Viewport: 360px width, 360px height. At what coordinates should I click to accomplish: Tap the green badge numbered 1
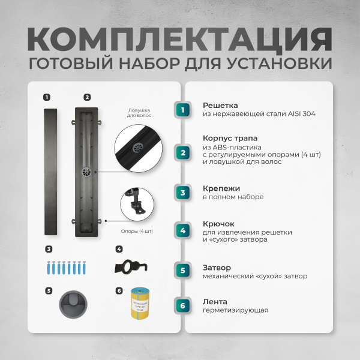pyautogui.click(x=183, y=110)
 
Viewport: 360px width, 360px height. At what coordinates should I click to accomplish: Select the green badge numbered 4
pyautogui.click(x=183, y=230)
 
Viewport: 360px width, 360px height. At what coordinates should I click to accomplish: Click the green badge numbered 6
pyautogui.click(x=183, y=306)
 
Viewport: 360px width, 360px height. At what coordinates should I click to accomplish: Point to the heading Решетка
pyautogui.click(x=220, y=105)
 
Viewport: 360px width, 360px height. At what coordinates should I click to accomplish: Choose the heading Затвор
pyautogui.click(x=217, y=268)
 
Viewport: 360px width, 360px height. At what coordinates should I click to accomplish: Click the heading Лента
pyautogui.click(x=215, y=301)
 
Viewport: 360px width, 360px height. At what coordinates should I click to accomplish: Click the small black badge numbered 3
pyautogui.click(x=49, y=248)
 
